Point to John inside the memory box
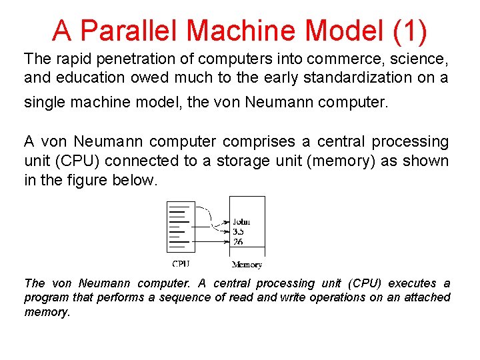241,222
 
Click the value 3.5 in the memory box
238,231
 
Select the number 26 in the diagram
237,241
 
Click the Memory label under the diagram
247,265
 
